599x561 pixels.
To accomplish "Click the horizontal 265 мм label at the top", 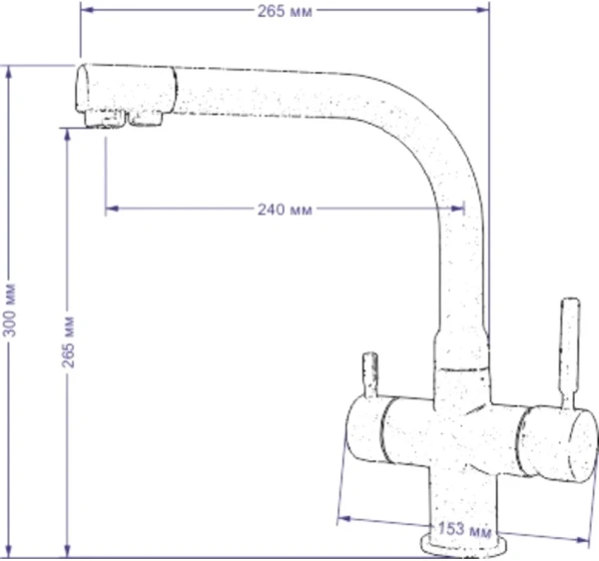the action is click(x=285, y=11).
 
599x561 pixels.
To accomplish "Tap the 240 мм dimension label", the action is click(x=285, y=210).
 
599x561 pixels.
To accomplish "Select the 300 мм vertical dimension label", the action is click(x=9, y=309).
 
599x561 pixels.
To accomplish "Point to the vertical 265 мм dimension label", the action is click(x=68, y=341).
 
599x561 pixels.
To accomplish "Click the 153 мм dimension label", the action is click(x=464, y=530).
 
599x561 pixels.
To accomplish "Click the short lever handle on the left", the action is click(x=370, y=375).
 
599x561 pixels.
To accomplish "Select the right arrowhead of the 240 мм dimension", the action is click(x=457, y=209).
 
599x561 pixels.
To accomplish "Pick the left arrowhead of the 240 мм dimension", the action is click(x=112, y=209).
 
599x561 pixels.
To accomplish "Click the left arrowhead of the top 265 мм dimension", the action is click(x=88, y=10).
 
